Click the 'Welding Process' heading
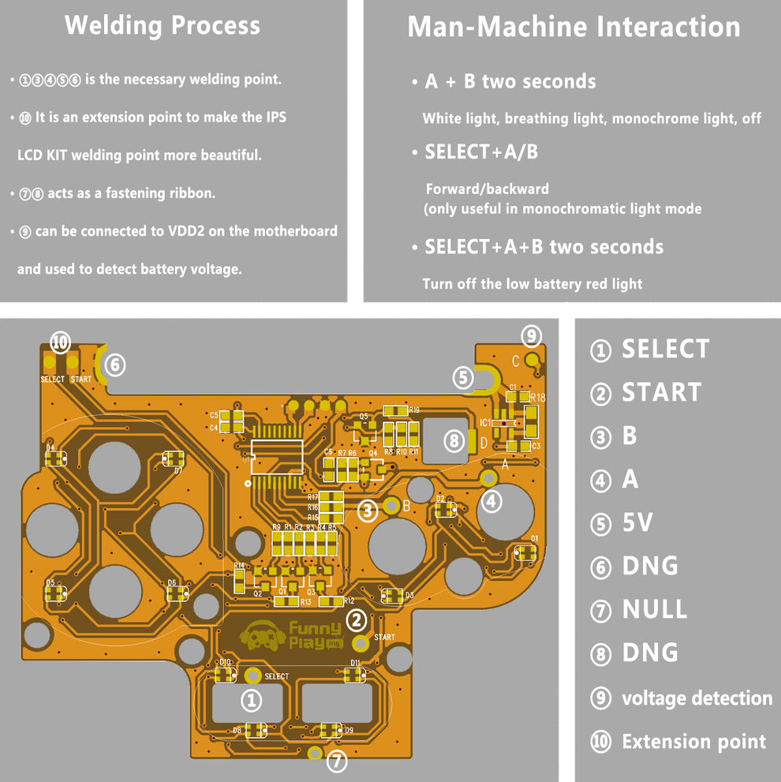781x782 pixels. [x=163, y=25]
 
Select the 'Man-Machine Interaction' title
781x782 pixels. [x=574, y=27]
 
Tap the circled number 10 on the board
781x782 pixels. [x=61, y=342]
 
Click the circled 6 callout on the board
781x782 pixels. [x=115, y=365]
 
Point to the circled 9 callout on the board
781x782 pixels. [x=532, y=336]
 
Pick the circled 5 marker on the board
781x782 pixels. [x=463, y=377]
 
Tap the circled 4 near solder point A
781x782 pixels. [x=491, y=500]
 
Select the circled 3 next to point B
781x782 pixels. [x=368, y=511]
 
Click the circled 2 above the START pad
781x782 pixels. [x=357, y=619]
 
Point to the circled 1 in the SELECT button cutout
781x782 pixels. [x=251, y=700]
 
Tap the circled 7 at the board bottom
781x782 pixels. [x=337, y=761]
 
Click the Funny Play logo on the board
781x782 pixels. [x=291, y=634]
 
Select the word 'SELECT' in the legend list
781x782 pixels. [x=665, y=349]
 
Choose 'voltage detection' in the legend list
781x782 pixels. [x=697, y=698]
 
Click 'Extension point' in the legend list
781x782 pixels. [x=693, y=742]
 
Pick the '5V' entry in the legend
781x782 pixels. [x=637, y=522]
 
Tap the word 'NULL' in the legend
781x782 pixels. [x=654, y=609]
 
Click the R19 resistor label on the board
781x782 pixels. [x=414, y=410]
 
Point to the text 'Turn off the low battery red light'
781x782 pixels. [x=532, y=284]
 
